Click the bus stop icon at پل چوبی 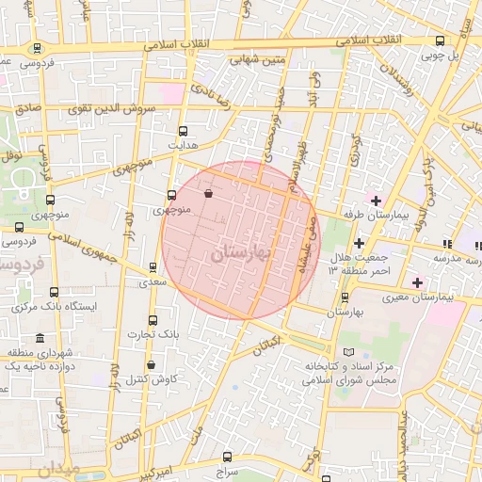pos(440,40)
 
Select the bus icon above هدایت pos(182,132)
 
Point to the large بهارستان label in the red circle pos(241,253)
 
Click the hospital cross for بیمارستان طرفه pos(376,201)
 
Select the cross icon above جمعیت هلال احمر pos(359,243)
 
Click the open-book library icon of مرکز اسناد pos(350,351)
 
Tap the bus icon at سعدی pos(153,267)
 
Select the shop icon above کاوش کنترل pos(151,365)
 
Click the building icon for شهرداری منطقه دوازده pos(39,338)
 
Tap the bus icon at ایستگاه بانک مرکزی pos(53,293)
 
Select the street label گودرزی pos(354,151)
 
